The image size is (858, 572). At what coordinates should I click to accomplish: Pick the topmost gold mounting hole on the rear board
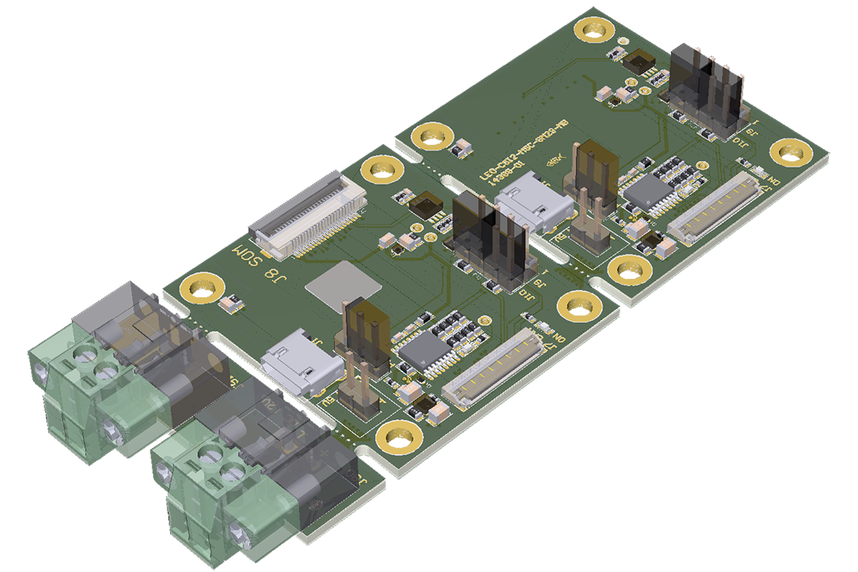[593, 29]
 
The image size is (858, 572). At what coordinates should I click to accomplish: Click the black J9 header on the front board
[494, 239]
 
